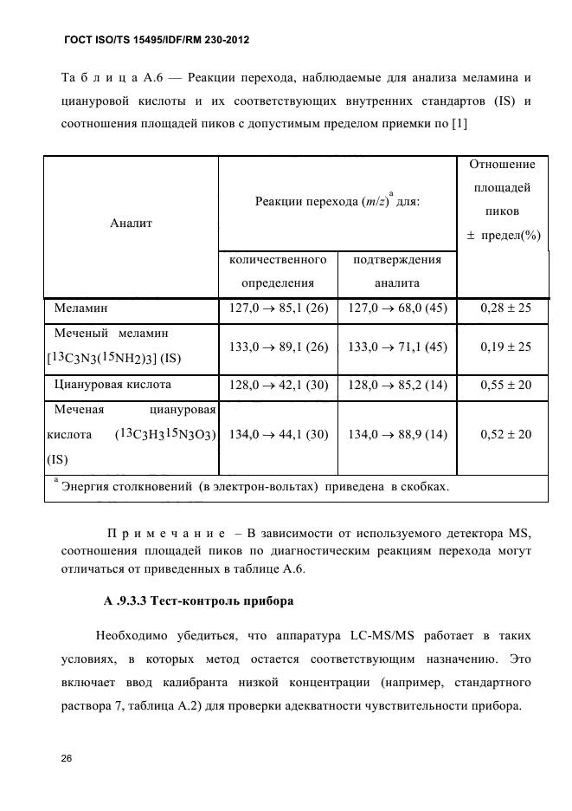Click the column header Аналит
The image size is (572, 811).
click(x=131, y=223)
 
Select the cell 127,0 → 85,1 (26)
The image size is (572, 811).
click(x=278, y=308)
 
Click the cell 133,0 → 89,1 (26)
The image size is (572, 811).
click(x=278, y=347)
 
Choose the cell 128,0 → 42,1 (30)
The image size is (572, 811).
click(x=278, y=385)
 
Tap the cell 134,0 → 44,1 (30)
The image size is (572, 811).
click(x=278, y=434)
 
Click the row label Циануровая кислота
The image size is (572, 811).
click(x=112, y=385)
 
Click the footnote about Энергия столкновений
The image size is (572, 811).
click(x=251, y=487)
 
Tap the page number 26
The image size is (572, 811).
click(x=67, y=759)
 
